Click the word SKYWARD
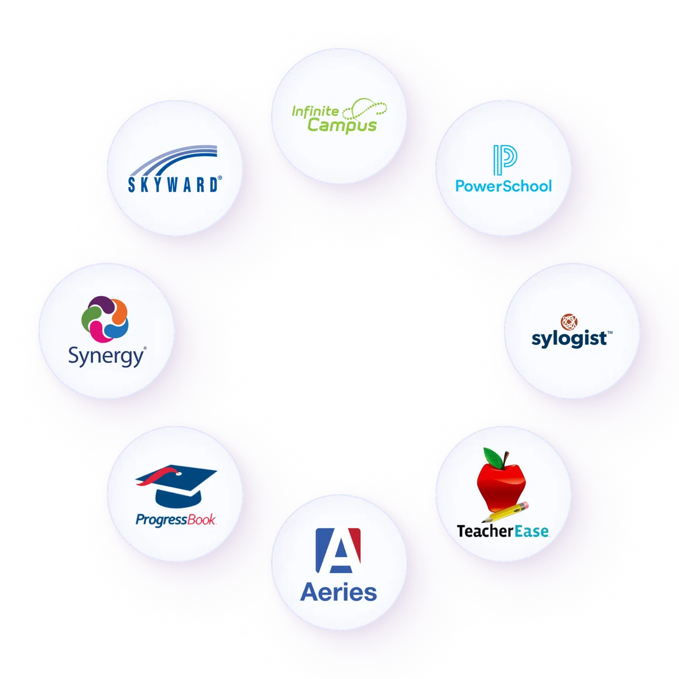tap(174, 185)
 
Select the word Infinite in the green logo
tap(315, 111)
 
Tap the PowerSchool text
tap(503, 186)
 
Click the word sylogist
tap(569, 339)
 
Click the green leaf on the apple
tap(490, 456)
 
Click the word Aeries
tap(338, 592)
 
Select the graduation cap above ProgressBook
tap(176, 486)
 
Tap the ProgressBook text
tap(176, 520)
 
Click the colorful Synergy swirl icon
tap(105, 320)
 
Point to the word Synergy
tap(106, 356)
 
